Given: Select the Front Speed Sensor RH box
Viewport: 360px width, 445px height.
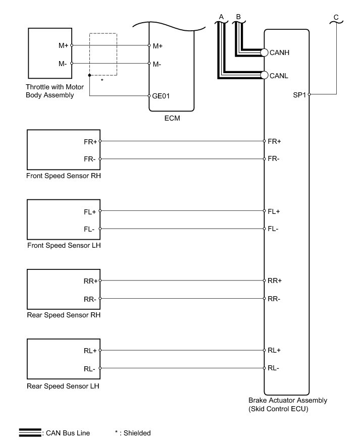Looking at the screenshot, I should [63, 150].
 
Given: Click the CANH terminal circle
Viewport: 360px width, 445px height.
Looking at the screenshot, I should [264, 52].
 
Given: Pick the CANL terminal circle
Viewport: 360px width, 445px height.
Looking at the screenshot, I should [264, 75].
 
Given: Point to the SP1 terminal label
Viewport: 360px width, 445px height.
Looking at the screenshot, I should [299, 94].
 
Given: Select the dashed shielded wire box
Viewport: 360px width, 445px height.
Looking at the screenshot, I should [103, 54].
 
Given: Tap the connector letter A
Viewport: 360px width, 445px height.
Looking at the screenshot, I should [221, 17].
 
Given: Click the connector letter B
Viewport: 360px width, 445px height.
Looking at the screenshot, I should [238, 17].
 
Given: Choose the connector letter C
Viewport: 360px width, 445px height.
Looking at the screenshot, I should [336, 17].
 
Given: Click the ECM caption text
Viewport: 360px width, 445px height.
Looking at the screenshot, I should [172, 120].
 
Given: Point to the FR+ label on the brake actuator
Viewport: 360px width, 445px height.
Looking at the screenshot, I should [274, 141].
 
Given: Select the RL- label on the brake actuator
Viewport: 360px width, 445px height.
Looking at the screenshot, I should [273, 368].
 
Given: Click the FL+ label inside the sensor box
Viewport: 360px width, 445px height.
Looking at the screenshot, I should [90, 211].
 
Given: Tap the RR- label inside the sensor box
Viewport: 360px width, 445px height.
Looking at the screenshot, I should [90, 299].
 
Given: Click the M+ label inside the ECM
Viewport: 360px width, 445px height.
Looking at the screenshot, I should [158, 46].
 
